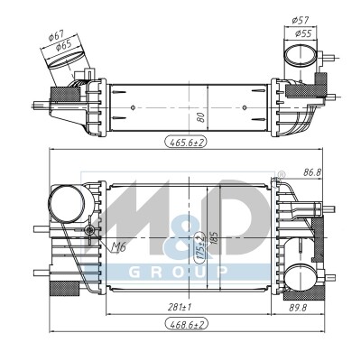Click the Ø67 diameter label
coord(56,35)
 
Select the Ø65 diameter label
coord(63,45)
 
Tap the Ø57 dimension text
coord(301,21)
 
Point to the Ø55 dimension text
coord(302,33)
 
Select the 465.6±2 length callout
coord(186,142)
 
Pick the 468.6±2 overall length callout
coord(187,325)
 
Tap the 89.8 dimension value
coord(297,308)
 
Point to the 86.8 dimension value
coord(312,172)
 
